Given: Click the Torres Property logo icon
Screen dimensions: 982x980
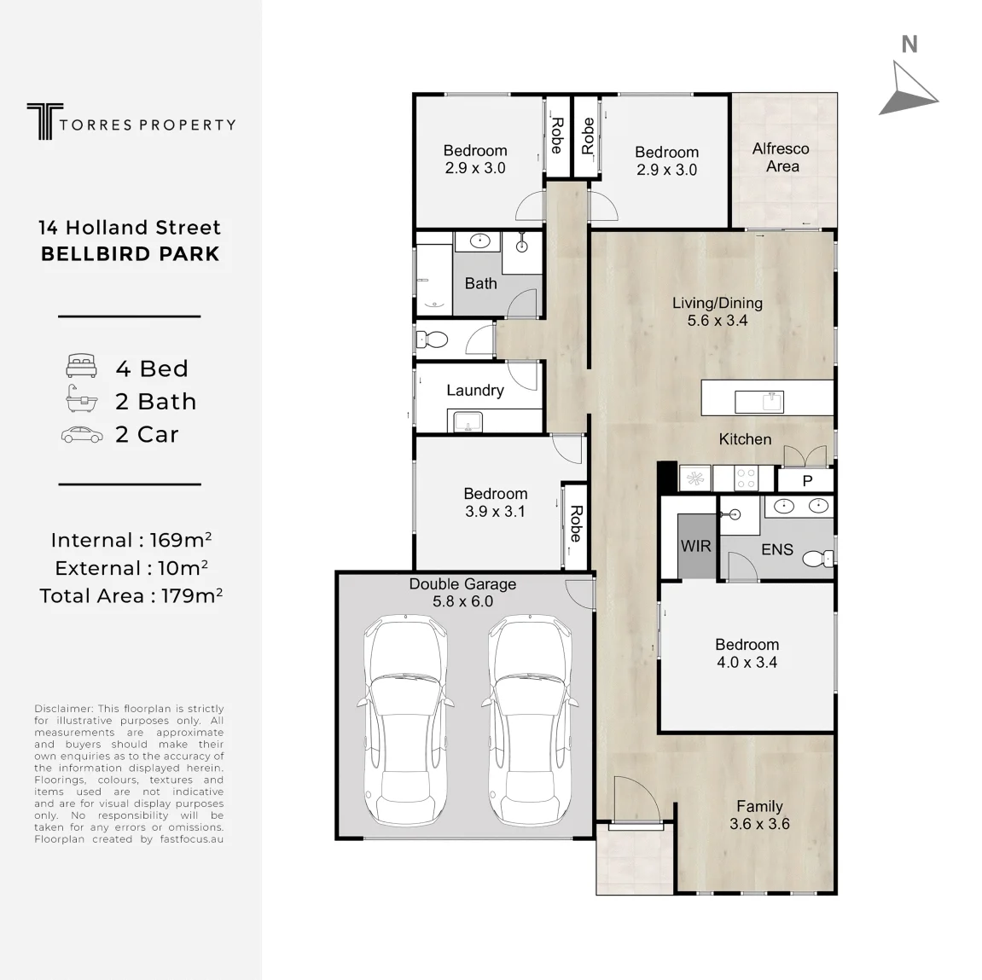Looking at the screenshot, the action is pos(44,121).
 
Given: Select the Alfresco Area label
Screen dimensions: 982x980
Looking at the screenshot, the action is pos(781,158).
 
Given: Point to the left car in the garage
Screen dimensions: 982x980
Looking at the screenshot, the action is pos(404,720).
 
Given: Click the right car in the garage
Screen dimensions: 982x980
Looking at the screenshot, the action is pos(529,720).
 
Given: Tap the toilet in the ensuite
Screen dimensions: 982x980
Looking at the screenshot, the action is pos(818,557).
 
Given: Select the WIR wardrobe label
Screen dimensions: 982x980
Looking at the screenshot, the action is pos(696,546).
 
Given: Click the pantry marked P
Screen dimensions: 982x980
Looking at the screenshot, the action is pos(806,480).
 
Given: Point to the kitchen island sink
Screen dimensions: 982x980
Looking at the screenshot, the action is pos(759,402).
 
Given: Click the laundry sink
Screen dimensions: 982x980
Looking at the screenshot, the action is pos(464,421).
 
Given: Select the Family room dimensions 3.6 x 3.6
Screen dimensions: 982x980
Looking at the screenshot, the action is pos(759,824).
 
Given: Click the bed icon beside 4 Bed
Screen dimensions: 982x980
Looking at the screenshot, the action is pos(81,366).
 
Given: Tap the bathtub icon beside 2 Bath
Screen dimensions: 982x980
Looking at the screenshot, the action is pos(81,399).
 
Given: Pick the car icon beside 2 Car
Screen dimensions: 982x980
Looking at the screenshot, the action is pos(82,435).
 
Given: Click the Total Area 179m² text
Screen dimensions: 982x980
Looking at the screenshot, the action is pos(131,595).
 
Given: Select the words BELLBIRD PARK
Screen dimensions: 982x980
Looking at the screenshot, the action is pos(131,254).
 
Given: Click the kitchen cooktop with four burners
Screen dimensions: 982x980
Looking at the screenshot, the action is pos(746,478).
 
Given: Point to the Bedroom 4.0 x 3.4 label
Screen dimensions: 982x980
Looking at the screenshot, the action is pos(747,653).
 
